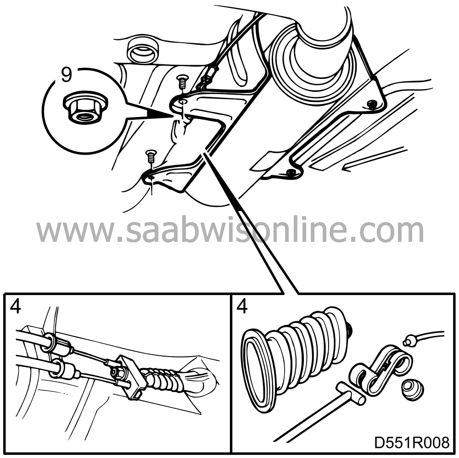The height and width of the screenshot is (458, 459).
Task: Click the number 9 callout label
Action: point(67,74)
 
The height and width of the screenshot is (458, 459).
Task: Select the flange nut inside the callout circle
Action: point(85,107)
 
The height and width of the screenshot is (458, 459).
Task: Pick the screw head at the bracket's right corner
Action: point(373,104)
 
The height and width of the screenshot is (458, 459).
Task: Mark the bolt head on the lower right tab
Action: point(291,173)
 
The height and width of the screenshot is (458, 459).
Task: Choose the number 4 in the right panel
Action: point(242,307)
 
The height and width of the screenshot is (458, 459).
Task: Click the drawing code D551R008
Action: point(412,443)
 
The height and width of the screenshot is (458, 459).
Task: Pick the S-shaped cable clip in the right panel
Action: point(381,366)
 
